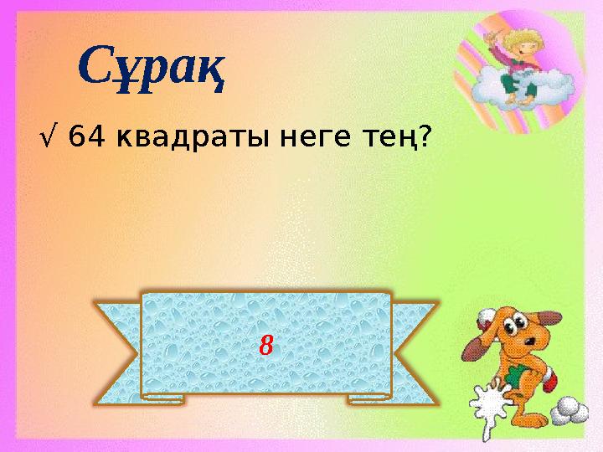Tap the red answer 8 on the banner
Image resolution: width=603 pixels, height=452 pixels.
pyautogui.click(x=266, y=343)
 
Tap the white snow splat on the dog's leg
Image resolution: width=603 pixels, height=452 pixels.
pyautogui.click(x=491, y=406)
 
